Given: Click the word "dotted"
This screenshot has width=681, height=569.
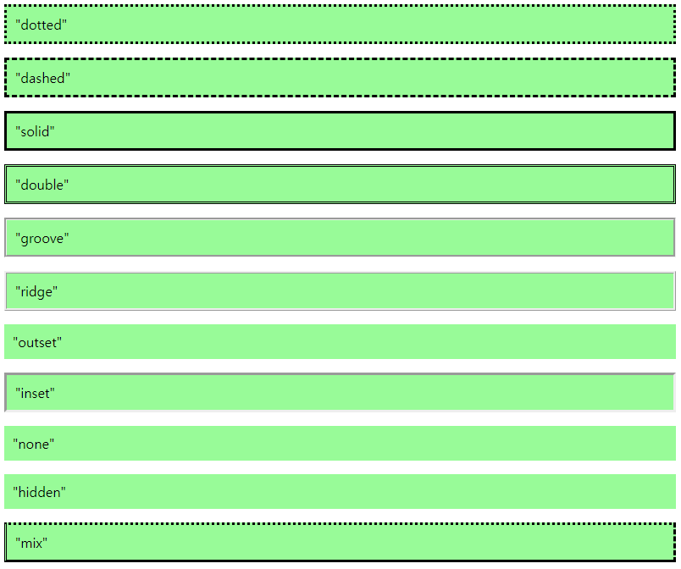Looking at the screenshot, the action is (41, 25).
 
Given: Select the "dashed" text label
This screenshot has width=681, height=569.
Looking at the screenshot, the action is (42, 78).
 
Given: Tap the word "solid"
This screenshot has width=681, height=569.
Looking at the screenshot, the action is (36, 132).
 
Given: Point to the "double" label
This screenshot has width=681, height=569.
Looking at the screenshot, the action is (42, 185).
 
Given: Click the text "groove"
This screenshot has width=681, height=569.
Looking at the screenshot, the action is (42, 239).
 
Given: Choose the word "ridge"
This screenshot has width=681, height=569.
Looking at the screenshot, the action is (37, 291).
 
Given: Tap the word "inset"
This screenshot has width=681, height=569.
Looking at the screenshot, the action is (35, 393).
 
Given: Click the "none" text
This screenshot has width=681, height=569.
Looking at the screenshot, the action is (33, 444).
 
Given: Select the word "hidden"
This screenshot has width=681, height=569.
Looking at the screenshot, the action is (39, 492).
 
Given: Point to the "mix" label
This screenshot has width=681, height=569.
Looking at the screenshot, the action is (31, 543).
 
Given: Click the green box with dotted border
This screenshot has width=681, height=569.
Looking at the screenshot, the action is (339, 25).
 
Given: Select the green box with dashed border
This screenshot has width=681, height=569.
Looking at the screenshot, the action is (339, 78).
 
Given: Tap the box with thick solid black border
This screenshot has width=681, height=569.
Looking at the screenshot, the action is (339, 131).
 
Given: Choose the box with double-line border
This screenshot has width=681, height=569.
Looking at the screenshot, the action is (339, 185).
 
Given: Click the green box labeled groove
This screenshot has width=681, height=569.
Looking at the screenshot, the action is (339, 238).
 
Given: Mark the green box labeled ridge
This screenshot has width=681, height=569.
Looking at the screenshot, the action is (339, 291).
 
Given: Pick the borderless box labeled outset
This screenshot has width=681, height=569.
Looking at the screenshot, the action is (339, 342).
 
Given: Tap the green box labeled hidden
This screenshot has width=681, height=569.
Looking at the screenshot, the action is (339, 492).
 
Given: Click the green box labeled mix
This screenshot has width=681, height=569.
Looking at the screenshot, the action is (339, 543).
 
